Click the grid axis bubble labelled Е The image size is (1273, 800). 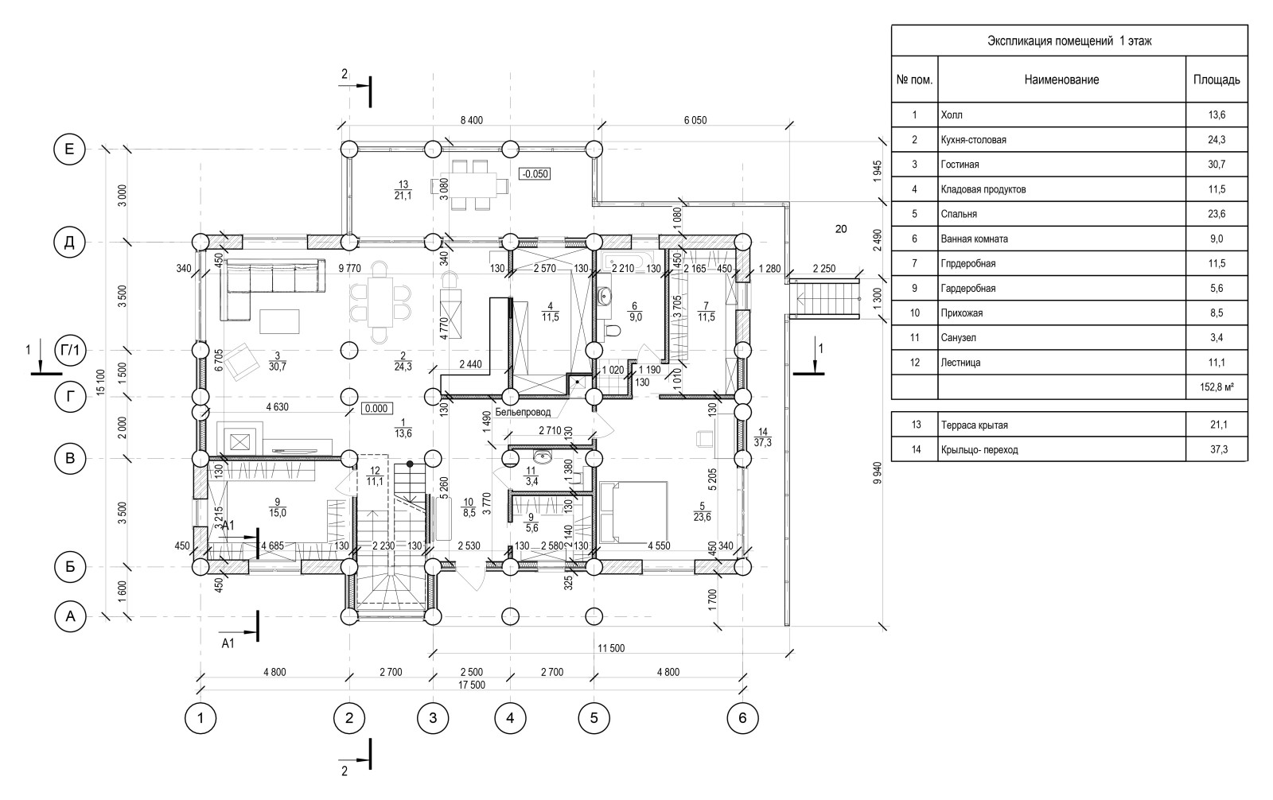pos(69,149)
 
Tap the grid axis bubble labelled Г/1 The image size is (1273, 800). pos(70,350)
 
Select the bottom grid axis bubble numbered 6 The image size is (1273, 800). pos(742,719)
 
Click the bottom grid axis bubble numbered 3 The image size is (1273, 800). pos(433,719)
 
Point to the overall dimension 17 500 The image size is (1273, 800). pos(472,685)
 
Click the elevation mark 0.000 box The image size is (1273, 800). pos(375,409)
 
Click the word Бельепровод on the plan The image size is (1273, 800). pos(522,413)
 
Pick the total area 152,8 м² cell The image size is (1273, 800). pos(1217,387)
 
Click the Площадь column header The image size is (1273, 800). pos(1217,80)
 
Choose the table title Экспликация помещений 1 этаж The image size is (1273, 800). pos(1069,41)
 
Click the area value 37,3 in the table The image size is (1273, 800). pos(1217,450)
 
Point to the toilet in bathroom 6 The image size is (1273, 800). pos(611,331)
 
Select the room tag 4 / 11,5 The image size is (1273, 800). pos(550,311)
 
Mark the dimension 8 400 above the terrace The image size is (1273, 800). pos(472,120)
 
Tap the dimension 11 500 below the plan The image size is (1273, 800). pos(610,649)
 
